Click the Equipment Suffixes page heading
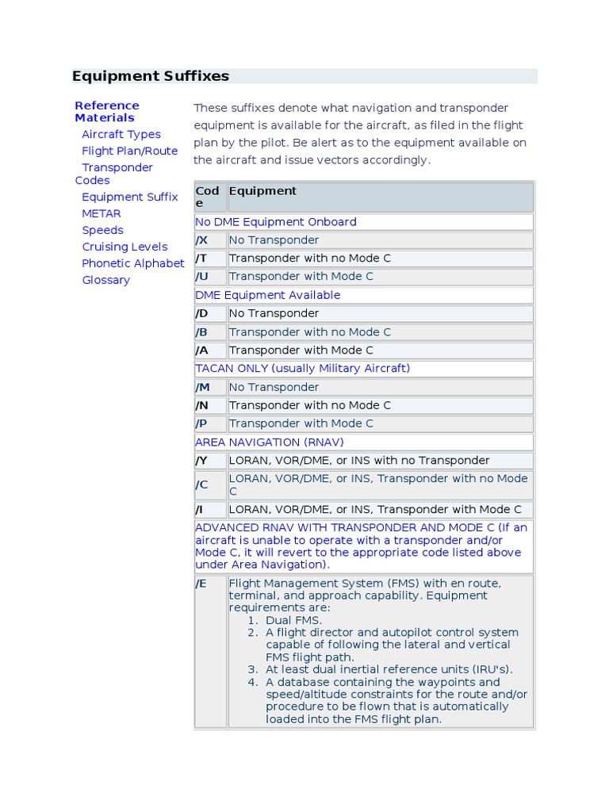(x=151, y=76)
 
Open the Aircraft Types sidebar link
(x=121, y=134)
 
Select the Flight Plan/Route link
(x=129, y=151)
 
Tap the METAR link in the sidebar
(x=101, y=213)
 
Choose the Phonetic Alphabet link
(x=132, y=263)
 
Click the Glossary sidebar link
(x=105, y=280)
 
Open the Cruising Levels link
(x=124, y=247)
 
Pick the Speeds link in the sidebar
(x=102, y=230)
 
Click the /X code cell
(x=202, y=240)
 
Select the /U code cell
(x=202, y=277)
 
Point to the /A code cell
(x=202, y=350)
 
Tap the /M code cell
(x=203, y=387)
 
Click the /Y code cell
(x=202, y=461)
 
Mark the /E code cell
(x=202, y=584)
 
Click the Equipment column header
(x=262, y=191)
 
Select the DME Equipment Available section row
(x=267, y=295)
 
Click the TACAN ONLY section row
(x=302, y=369)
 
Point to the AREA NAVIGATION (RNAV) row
(x=270, y=442)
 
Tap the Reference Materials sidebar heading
(x=106, y=111)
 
